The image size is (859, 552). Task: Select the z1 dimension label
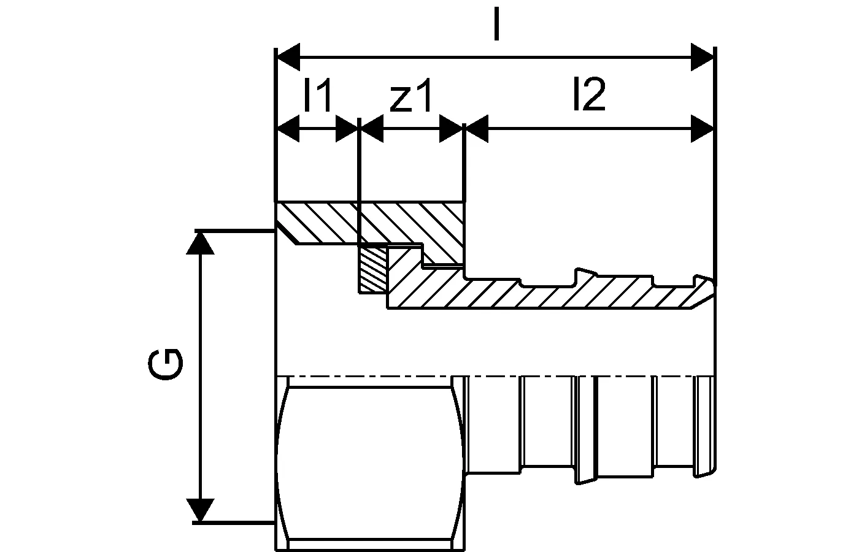[x=410, y=96]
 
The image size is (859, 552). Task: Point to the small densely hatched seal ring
[x=373, y=268]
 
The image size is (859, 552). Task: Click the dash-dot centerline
[x=368, y=375]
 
